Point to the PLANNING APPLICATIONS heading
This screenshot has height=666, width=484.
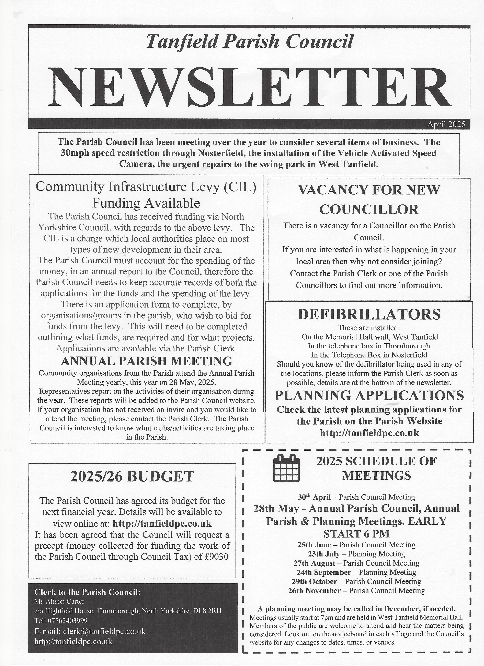369,395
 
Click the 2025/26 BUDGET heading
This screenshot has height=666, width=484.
132,476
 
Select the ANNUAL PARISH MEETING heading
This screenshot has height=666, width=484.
147,361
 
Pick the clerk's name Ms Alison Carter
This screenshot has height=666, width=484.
59,601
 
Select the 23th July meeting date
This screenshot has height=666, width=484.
324,554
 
